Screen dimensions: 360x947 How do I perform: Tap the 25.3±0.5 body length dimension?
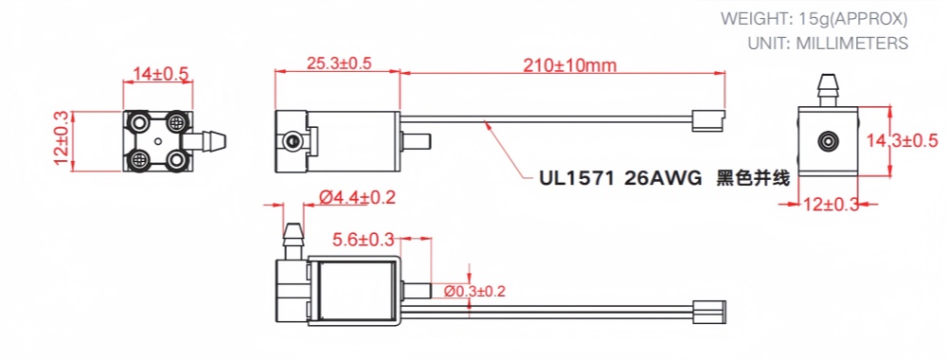pos(339,63)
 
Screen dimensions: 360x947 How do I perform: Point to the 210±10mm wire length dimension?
pos(568,64)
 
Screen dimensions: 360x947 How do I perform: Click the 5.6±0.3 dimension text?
pos(365,241)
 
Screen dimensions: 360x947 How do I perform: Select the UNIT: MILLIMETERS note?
pos(827,43)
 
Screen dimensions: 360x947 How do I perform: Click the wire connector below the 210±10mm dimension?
pos(708,119)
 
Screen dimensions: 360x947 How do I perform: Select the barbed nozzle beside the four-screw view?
pos(211,141)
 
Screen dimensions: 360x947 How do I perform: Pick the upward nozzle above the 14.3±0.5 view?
pos(830,87)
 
